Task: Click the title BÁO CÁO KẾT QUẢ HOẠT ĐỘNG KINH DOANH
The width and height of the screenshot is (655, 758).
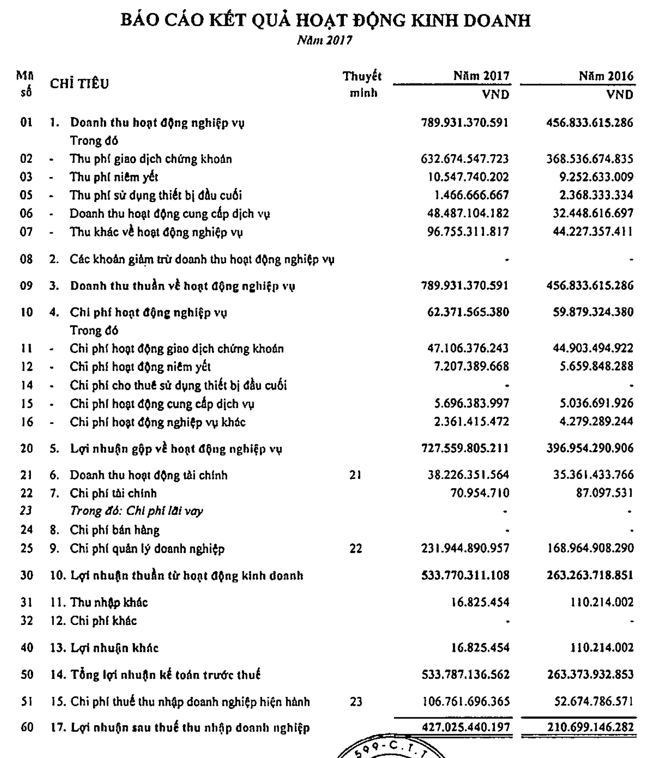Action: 325,20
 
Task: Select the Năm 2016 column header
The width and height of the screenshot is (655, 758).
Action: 606,76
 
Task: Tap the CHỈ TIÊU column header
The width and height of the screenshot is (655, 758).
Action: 79,84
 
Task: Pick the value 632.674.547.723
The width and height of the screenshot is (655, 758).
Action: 465,159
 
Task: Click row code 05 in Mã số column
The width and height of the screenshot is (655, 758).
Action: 26,195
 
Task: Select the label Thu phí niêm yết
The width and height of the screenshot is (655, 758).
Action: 114,177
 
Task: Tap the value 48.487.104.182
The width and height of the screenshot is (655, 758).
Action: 468,213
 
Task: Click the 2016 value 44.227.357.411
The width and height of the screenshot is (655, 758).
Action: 593,232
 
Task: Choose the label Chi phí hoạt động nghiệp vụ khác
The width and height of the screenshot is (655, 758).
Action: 158,422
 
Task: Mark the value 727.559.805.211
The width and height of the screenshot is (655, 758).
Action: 465,448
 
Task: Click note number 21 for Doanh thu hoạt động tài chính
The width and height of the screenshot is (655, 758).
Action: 356,475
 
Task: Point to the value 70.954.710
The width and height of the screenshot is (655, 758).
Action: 480,493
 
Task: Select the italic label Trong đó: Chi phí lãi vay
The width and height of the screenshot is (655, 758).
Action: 136,511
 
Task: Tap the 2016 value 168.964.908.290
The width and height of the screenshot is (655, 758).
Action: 590,548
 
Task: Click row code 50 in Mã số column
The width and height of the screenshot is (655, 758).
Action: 27,674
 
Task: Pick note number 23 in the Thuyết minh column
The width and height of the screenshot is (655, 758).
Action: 356,701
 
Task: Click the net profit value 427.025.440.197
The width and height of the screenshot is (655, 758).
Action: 466,727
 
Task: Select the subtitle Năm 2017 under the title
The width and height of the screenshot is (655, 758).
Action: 325,40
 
